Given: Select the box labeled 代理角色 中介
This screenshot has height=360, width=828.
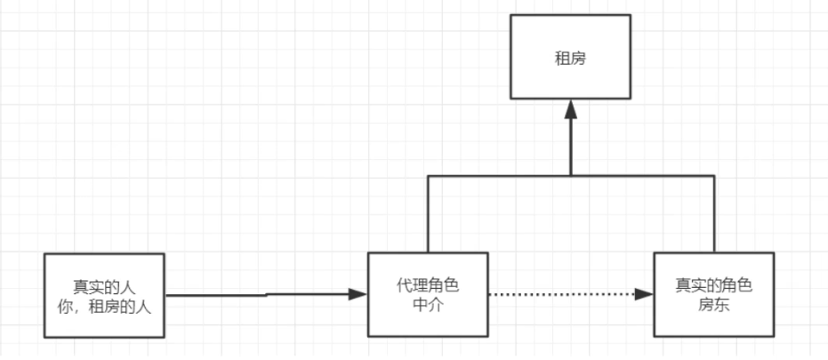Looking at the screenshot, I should pyautogui.click(x=429, y=295).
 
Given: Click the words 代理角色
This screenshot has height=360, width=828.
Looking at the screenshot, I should pyautogui.click(x=429, y=286).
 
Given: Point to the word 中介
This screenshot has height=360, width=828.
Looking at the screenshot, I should pyautogui.click(x=429, y=306).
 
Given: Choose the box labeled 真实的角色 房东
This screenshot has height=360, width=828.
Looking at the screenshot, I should pyautogui.click(x=713, y=295).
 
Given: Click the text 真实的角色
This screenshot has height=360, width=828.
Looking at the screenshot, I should pyautogui.click(x=713, y=286).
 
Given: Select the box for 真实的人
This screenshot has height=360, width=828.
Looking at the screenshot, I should pyautogui.click(x=105, y=295).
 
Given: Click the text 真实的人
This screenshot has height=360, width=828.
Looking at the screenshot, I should pyautogui.click(x=105, y=286).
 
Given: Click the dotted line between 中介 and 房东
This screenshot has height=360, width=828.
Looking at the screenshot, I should pyautogui.click(x=560, y=295).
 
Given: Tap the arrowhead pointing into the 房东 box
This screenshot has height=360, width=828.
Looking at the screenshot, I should pyautogui.click(x=646, y=295).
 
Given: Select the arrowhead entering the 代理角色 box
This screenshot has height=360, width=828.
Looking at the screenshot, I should pyautogui.click(x=359, y=294).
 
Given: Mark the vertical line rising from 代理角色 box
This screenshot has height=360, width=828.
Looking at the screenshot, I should pyautogui.click(x=429, y=213).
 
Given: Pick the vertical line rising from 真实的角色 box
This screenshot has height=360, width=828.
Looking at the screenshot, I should pyautogui.click(x=714, y=213).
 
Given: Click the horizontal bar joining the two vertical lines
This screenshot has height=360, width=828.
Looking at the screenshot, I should pyautogui.click(x=498, y=175).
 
